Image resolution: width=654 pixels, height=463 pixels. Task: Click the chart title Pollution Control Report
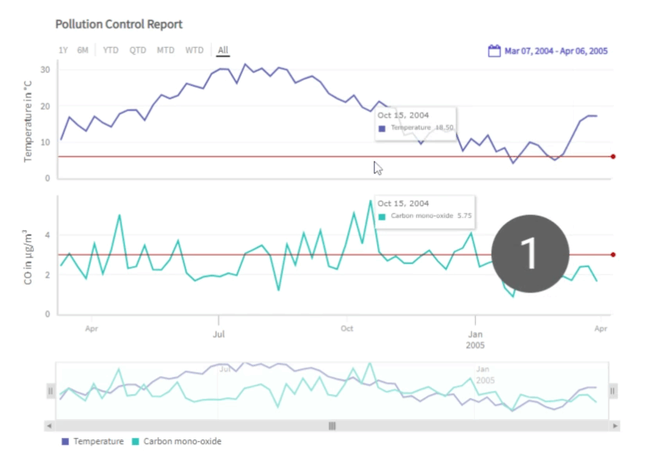point(119,24)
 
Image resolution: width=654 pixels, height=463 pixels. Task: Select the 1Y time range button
point(63,51)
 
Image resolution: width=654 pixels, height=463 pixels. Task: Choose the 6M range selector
point(82,51)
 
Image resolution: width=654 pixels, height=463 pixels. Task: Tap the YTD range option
point(111,51)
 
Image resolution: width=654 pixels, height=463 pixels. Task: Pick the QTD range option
point(138,51)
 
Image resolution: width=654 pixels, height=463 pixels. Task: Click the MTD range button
point(166,51)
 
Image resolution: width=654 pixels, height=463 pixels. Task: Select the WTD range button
point(194,51)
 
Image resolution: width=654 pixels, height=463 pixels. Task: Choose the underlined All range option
point(223,51)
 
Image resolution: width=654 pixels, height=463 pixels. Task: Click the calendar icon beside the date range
point(495,51)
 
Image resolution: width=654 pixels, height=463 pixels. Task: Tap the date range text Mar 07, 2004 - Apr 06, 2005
point(556,52)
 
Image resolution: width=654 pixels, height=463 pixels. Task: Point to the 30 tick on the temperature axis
point(46,70)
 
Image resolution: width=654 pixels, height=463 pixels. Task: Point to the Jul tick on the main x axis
point(219,329)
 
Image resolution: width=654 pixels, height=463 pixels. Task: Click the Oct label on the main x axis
point(347,329)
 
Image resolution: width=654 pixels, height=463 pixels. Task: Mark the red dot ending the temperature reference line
point(613,157)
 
